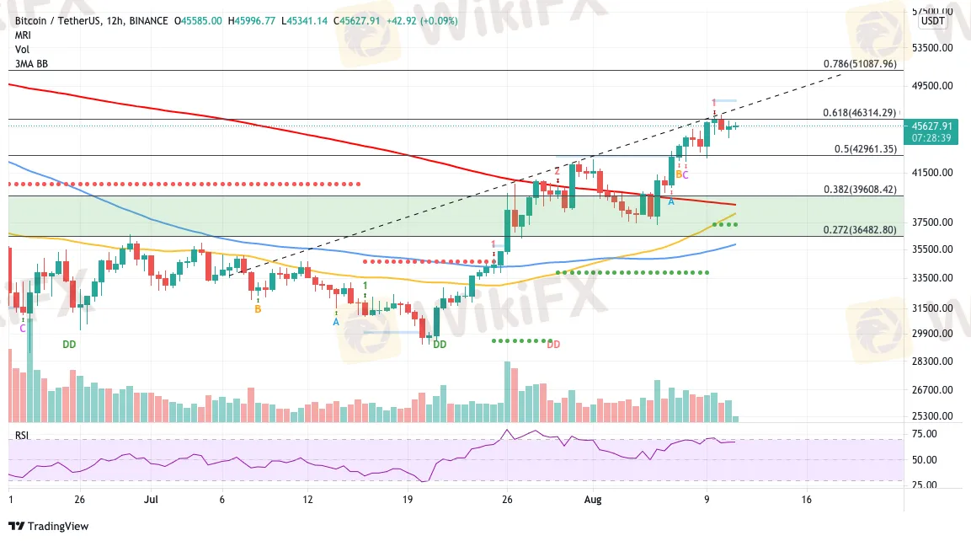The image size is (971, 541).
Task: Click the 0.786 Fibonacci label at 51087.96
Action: point(859,63)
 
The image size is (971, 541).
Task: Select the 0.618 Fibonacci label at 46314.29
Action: point(859,112)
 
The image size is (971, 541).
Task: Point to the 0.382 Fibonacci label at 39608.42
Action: point(859,190)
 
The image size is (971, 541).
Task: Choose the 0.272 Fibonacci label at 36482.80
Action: point(859,230)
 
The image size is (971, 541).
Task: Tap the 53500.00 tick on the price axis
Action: point(931,48)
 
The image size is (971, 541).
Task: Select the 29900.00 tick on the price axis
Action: point(931,334)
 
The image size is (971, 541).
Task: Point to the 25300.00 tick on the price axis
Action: point(931,416)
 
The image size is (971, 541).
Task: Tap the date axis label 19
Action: point(407,498)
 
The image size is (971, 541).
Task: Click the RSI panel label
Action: point(22,435)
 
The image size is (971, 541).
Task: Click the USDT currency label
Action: point(933,21)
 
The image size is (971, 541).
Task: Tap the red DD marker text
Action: point(553,344)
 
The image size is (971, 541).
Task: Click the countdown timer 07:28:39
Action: point(930,137)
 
